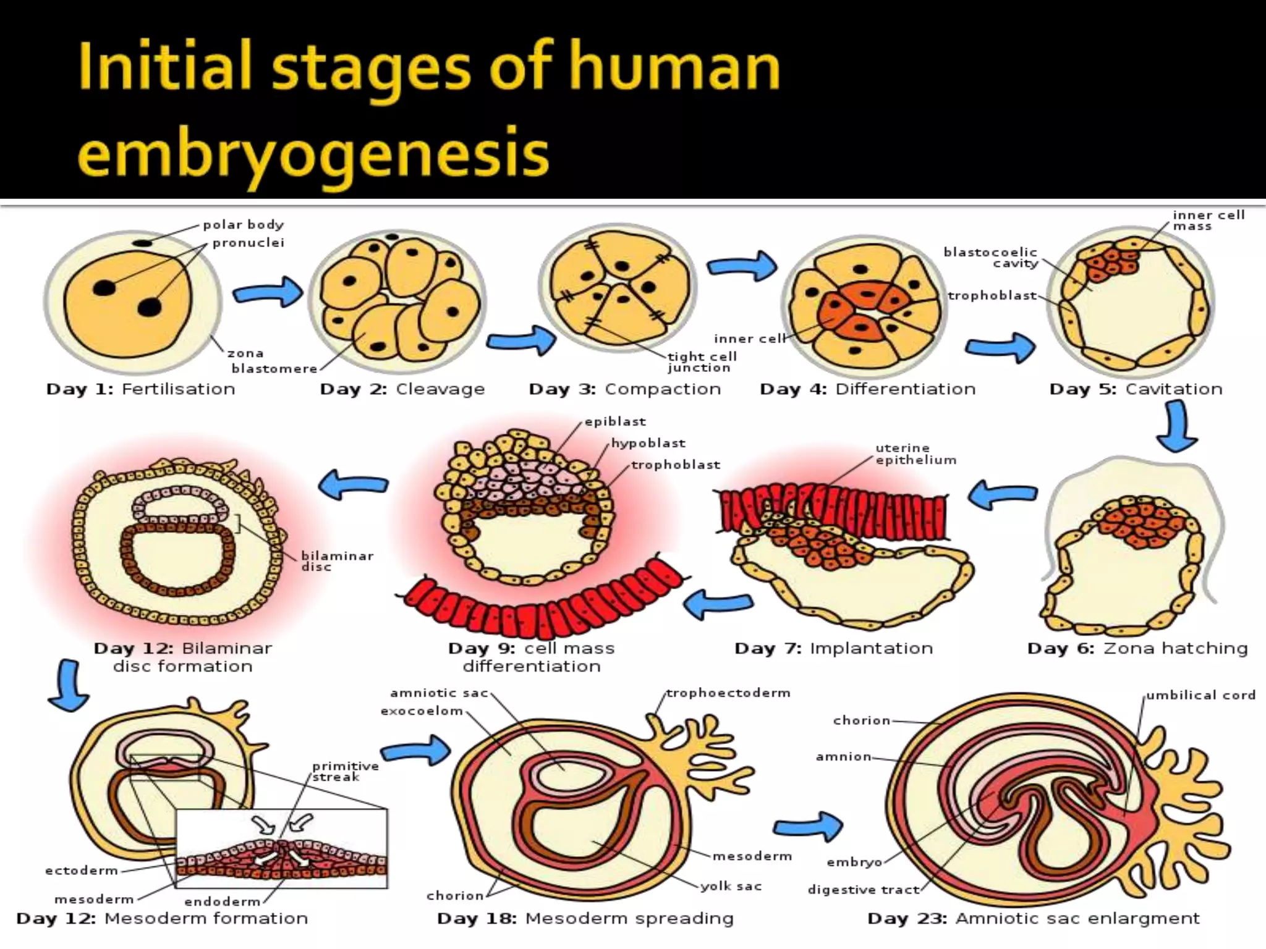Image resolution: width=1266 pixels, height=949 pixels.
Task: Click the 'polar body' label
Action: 243,224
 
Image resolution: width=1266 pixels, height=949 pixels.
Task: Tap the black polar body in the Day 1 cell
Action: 143,243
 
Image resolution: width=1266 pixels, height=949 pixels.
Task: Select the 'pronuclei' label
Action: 249,243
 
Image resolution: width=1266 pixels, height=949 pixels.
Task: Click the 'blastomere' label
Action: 274,369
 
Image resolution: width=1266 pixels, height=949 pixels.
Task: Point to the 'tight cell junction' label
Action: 702,362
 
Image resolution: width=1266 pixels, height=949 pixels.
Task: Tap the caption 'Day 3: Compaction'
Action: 624,389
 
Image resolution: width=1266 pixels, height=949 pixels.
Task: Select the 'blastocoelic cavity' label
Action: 990,258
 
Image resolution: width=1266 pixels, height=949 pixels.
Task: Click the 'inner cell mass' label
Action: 1209,221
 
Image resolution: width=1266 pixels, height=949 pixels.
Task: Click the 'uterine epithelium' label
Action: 916,454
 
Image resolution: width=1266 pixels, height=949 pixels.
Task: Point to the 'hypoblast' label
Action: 648,443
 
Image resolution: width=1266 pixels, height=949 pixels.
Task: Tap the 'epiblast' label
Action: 615,421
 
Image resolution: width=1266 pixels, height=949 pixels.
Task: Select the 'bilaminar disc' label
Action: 337,561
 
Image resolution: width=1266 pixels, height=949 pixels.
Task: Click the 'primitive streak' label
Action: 345,771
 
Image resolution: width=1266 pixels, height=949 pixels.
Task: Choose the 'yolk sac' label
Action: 731,887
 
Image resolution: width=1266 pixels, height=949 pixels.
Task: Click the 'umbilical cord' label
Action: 1200,695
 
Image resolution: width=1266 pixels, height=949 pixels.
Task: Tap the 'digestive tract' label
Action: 863,890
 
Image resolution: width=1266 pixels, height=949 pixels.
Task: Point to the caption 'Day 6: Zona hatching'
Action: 1137,649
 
